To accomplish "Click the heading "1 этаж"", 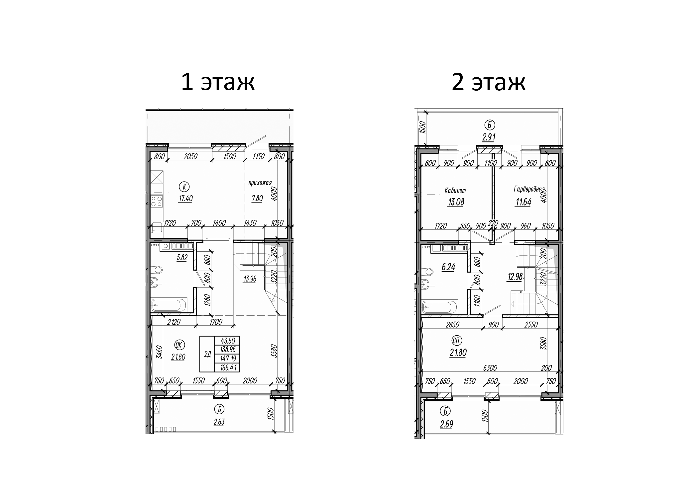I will click(218, 82).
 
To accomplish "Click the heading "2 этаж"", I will click(488, 82).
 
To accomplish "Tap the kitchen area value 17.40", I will click(185, 199).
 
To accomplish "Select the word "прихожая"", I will click(260, 183).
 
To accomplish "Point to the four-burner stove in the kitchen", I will click(157, 201).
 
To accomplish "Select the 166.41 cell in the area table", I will click(227, 367).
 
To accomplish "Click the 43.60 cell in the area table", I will click(227, 341).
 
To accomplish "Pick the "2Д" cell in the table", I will click(207, 354).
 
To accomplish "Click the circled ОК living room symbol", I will click(179, 345).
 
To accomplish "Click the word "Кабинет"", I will click(455, 191).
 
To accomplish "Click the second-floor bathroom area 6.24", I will click(448, 267).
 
